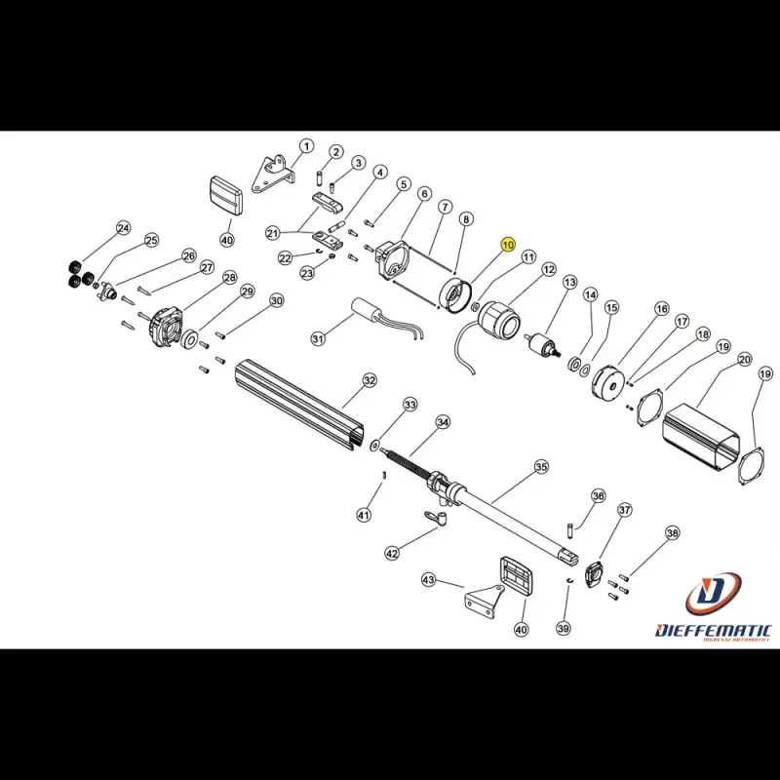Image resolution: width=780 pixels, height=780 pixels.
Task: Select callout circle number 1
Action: click(306, 146)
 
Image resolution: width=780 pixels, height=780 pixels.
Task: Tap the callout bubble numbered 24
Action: click(123, 228)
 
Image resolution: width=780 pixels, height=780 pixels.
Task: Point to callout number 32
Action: click(370, 379)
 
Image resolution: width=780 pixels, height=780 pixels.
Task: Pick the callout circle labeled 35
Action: click(541, 468)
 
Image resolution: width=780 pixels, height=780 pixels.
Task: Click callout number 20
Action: click(744, 360)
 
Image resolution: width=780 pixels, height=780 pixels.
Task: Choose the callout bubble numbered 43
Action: click(428, 580)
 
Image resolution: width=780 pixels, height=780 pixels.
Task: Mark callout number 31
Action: click(318, 338)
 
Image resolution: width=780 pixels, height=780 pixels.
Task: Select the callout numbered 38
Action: click(672, 533)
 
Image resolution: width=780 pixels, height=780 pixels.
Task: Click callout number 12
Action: click(549, 270)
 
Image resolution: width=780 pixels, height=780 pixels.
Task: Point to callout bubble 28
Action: click(230, 278)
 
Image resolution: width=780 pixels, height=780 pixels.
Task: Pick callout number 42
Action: click(392, 553)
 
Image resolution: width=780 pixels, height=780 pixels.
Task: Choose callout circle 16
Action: click(662, 309)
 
